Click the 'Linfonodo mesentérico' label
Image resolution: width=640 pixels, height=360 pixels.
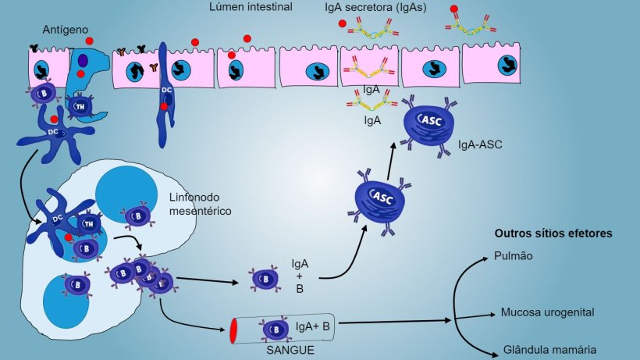click(x=200, y=205)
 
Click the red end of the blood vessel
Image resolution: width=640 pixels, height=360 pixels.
click(x=234, y=330)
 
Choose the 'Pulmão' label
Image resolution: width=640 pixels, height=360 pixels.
click(x=513, y=255)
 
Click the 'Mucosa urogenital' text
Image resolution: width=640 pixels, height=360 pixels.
click(x=547, y=312)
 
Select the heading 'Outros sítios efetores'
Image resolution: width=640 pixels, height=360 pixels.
click(x=553, y=233)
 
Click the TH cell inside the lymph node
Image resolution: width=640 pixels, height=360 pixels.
click(x=87, y=224)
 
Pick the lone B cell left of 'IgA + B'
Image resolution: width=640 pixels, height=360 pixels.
click(x=261, y=278)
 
